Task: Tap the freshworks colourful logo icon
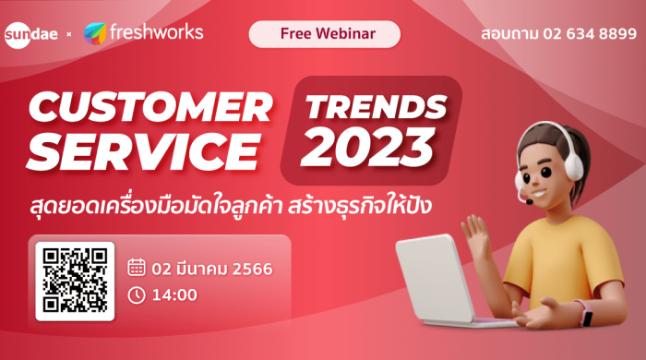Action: (x=97, y=34)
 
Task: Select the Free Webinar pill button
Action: (x=325, y=34)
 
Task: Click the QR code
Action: (x=75, y=281)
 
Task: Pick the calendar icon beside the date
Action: (x=137, y=267)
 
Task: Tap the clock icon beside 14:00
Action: (x=137, y=295)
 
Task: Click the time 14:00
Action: (x=174, y=295)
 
